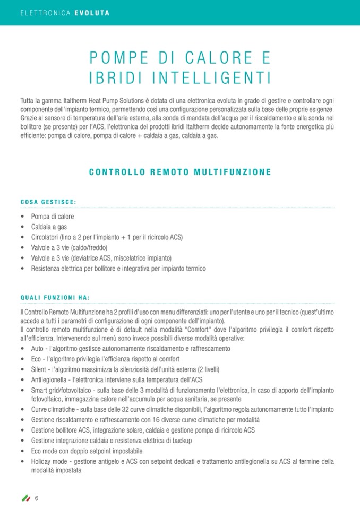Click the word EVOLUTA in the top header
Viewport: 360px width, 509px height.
point(92,13)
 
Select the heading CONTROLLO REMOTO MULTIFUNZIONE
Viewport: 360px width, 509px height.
point(180,172)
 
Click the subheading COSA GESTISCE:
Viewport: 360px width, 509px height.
point(48,202)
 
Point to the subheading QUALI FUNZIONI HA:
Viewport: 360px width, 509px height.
point(55,297)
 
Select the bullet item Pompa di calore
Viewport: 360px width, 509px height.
point(53,217)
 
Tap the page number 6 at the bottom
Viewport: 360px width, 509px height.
point(37,497)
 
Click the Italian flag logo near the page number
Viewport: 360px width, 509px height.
point(25,497)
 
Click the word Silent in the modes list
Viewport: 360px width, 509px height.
point(39,369)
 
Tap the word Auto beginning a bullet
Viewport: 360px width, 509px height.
point(38,349)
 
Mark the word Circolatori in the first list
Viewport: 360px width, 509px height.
point(45,237)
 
